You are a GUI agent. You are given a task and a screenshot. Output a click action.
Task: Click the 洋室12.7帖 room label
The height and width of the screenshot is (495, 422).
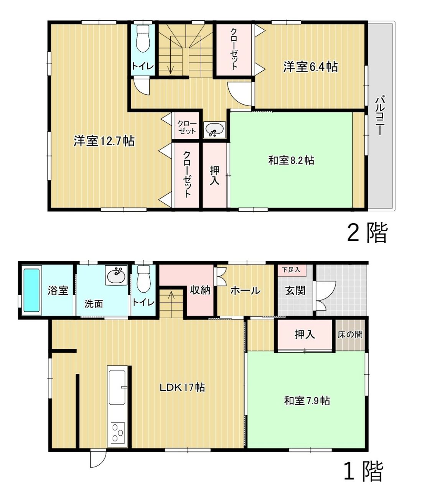click(104, 141)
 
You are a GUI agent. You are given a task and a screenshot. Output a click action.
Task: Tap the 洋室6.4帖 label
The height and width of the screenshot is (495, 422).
click(311, 67)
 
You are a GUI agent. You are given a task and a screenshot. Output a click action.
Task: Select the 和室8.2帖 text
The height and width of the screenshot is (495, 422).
click(291, 160)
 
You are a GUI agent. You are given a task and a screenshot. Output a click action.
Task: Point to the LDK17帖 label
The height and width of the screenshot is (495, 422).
click(182, 388)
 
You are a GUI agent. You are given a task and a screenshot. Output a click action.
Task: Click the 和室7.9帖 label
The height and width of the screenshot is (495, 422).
click(307, 401)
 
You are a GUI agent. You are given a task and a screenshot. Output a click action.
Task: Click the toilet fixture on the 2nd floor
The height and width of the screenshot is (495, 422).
click(143, 39)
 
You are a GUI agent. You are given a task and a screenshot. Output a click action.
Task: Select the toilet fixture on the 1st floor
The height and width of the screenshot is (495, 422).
click(143, 279)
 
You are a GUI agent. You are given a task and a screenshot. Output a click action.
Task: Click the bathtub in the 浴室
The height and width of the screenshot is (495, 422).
click(31, 290)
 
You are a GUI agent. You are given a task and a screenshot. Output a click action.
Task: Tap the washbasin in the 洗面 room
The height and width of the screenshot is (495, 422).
click(116, 275)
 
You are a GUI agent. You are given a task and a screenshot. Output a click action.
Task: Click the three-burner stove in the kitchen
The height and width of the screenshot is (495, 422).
click(117, 433)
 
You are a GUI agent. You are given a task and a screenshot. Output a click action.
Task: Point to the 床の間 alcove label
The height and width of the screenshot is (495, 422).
click(350, 335)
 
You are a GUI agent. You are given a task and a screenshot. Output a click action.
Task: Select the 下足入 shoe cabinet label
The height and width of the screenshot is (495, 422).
click(291, 270)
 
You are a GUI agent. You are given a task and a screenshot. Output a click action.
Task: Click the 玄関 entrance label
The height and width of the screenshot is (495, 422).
click(295, 291)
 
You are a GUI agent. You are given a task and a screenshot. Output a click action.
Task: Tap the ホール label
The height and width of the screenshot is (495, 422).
click(246, 291)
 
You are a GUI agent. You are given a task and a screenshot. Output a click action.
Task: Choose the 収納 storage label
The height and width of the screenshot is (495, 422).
click(200, 290)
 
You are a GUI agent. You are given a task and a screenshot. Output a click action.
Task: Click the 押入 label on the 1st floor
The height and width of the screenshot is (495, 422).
click(305, 335)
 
